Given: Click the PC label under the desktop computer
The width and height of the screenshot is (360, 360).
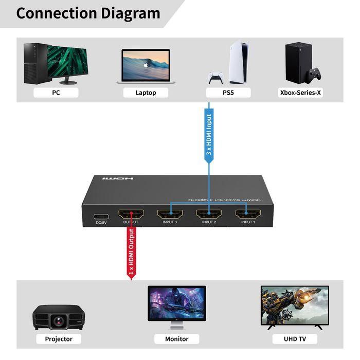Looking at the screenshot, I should tap(56, 93).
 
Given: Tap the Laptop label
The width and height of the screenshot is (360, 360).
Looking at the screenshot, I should tap(146, 93).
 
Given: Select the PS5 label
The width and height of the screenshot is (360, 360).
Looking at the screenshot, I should tap(228, 93).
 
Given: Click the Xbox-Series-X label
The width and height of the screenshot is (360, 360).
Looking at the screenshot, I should tap(303, 93).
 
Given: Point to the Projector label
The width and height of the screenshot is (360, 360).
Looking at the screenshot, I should tap(59, 339).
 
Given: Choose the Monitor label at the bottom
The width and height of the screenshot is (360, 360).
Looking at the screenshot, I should tap(177, 339).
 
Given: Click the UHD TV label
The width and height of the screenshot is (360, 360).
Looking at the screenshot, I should tap(294, 339).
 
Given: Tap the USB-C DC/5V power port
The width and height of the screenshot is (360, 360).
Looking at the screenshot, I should tap(101, 215).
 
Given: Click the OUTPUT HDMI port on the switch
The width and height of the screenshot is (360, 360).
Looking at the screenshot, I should tap(131, 214).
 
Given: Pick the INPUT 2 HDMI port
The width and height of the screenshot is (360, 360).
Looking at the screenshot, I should tap(208, 214).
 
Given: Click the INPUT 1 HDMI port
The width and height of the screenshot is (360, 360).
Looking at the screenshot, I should tap(247, 214).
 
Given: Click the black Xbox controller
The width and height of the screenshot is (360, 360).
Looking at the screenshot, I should tap(314, 75).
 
